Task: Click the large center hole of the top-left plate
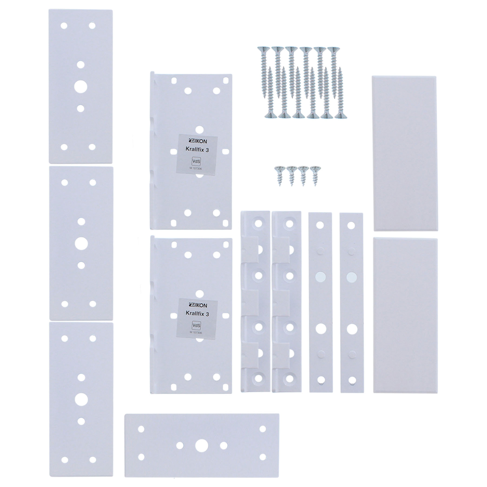pyautogui.click(x=81, y=87)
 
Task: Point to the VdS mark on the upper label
pyautogui.click(x=196, y=161)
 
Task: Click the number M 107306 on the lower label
pyautogui.click(x=196, y=333)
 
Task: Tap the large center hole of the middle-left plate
pyautogui.click(x=81, y=243)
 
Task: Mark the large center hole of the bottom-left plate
pyautogui.click(x=81, y=399)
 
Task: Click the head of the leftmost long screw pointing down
pyautogui.click(x=263, y=49)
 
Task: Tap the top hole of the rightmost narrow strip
pyautogui.click(x=351, y=225)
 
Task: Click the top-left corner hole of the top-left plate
pyautogui.click(x=64, y=26)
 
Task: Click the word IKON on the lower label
pyautogui.click(x=201, y=305)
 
